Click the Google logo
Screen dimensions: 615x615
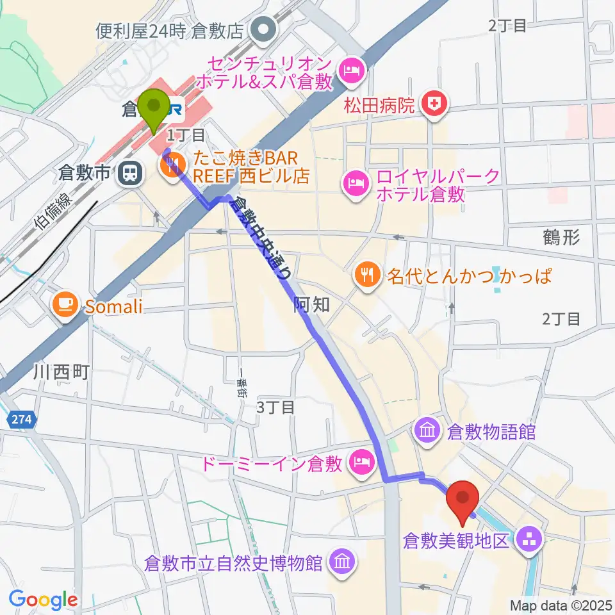[x=43, y=600]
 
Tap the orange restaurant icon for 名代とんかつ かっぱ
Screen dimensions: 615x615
[x=366, y=276]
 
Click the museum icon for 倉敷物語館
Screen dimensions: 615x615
[x=426, y=430]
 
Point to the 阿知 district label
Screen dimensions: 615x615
[x=312, y=305]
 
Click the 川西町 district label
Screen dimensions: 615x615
[x=63, y=372]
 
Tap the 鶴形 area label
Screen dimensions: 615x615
[x=562, y=238]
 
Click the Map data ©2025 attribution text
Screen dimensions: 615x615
[x=561, y=605]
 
